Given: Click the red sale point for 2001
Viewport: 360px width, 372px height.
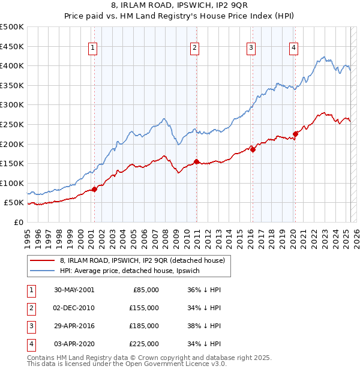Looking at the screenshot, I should coord(94,190).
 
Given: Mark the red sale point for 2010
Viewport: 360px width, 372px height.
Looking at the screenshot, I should coord(196,162).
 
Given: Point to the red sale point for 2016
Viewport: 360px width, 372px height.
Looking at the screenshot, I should coord(253,150).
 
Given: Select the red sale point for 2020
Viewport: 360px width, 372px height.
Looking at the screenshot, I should coord(295,134).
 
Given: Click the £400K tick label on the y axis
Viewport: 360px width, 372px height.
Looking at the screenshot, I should coord(12,65).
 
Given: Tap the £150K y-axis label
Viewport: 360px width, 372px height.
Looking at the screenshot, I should coord(12,163).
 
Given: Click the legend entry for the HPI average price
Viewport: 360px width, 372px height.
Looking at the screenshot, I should coord(133,271).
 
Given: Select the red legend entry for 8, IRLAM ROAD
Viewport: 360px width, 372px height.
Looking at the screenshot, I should coord(142,261).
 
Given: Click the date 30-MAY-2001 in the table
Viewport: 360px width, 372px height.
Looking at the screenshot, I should coord(74,289).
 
